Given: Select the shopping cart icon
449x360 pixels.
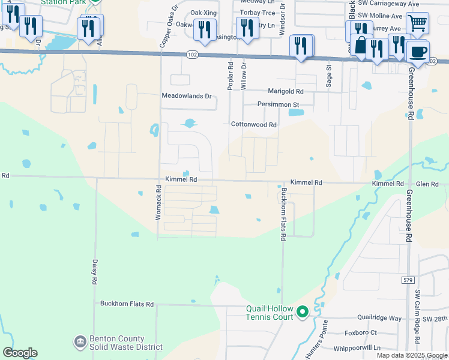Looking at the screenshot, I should (x=417, y=23).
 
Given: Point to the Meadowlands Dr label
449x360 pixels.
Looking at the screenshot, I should (x=187, y=96).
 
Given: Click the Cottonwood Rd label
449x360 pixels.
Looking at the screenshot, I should (x=254, y=125).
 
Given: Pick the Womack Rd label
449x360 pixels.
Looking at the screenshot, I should (x=159, y=202).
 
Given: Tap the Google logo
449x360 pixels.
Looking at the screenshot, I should (x=20, y=353).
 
